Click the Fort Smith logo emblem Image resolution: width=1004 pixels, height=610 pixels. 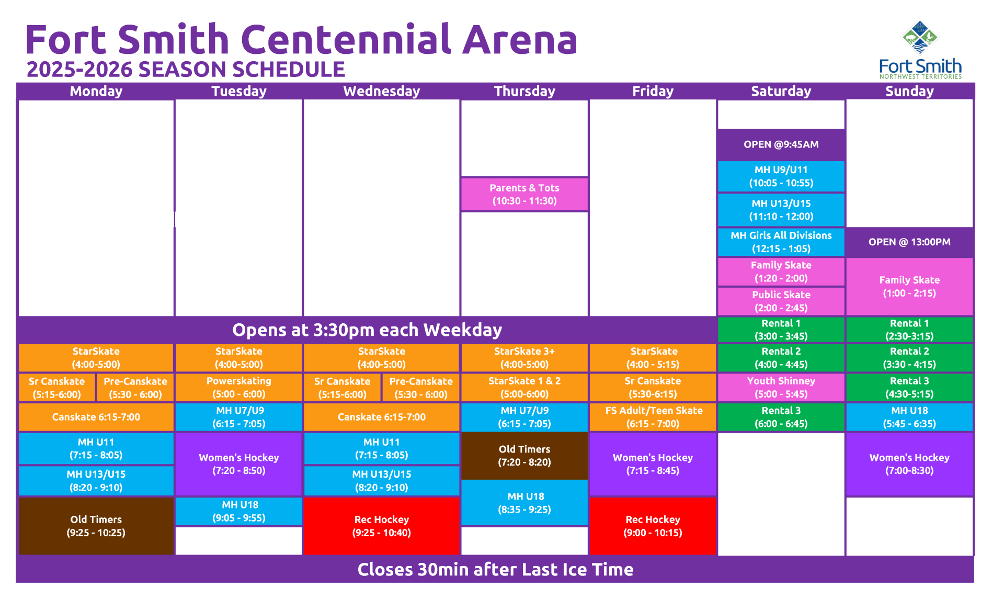click(920, 37)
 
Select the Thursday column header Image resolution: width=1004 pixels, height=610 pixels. click(524, 91)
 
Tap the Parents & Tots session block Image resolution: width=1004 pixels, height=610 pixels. click(524, 194)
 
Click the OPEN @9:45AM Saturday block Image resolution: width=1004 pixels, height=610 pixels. click(781, 144)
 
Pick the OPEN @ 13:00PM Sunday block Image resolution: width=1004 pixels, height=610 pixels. click(909, 242)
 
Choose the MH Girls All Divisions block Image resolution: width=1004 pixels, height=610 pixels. click(781, 242)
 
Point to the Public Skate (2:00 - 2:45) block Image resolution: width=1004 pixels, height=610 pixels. click(781, 301)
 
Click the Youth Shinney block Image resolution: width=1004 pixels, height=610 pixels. click(781, 387)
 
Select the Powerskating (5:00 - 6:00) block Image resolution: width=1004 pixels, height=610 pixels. click(239, 387)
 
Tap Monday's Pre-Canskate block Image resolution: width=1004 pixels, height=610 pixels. click(135, 388)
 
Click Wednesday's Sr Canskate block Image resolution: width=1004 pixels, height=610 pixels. click(342, 388)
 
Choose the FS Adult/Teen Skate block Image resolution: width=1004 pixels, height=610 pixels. click(653, 417)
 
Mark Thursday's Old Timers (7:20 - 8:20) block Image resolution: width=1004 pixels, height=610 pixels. click(524, 456)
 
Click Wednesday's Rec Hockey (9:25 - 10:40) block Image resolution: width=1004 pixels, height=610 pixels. click(382, 526)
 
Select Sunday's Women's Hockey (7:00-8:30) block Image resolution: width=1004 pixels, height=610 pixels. click(909, 464)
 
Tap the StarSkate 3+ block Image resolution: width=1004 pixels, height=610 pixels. click(524, 358)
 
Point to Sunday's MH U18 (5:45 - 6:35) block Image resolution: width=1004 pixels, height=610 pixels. click(909, 417)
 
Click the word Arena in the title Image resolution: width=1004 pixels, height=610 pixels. click(520, 40)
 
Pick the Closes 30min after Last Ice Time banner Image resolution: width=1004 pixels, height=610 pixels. click(495, 569)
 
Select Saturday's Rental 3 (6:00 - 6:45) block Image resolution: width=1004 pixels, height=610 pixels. click(781, 417)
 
